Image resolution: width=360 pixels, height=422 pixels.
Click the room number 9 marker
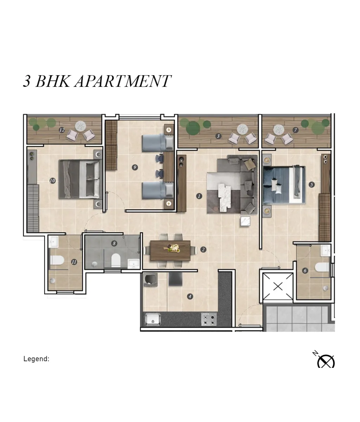[x=135, y=167]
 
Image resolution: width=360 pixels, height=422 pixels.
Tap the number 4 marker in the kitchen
[x=190, y=296]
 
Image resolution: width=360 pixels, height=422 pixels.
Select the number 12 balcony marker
[x=62, y=130]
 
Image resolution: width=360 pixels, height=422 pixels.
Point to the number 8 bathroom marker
[x=114, y=243]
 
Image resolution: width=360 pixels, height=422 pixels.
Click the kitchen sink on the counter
[x=153, y=320]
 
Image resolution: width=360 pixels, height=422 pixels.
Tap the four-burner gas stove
[x=209, y=319]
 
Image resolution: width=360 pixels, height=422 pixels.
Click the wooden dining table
[x=171, y=250]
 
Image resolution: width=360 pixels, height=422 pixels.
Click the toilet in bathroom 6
[x=322, y=267]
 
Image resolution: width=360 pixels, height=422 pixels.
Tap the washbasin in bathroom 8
[x=134, y=264]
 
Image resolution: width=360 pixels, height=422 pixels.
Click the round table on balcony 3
[x=243, y=129]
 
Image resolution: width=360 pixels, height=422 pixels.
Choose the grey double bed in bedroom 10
[x=81, y=179]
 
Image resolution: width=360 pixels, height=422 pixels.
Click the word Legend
[x=36, y=359]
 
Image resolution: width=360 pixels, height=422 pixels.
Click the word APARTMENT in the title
[x=123, y=81]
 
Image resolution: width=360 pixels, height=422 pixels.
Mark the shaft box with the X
[x=278, y=287]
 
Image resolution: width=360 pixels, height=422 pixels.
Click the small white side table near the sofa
[x=245, y=221]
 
